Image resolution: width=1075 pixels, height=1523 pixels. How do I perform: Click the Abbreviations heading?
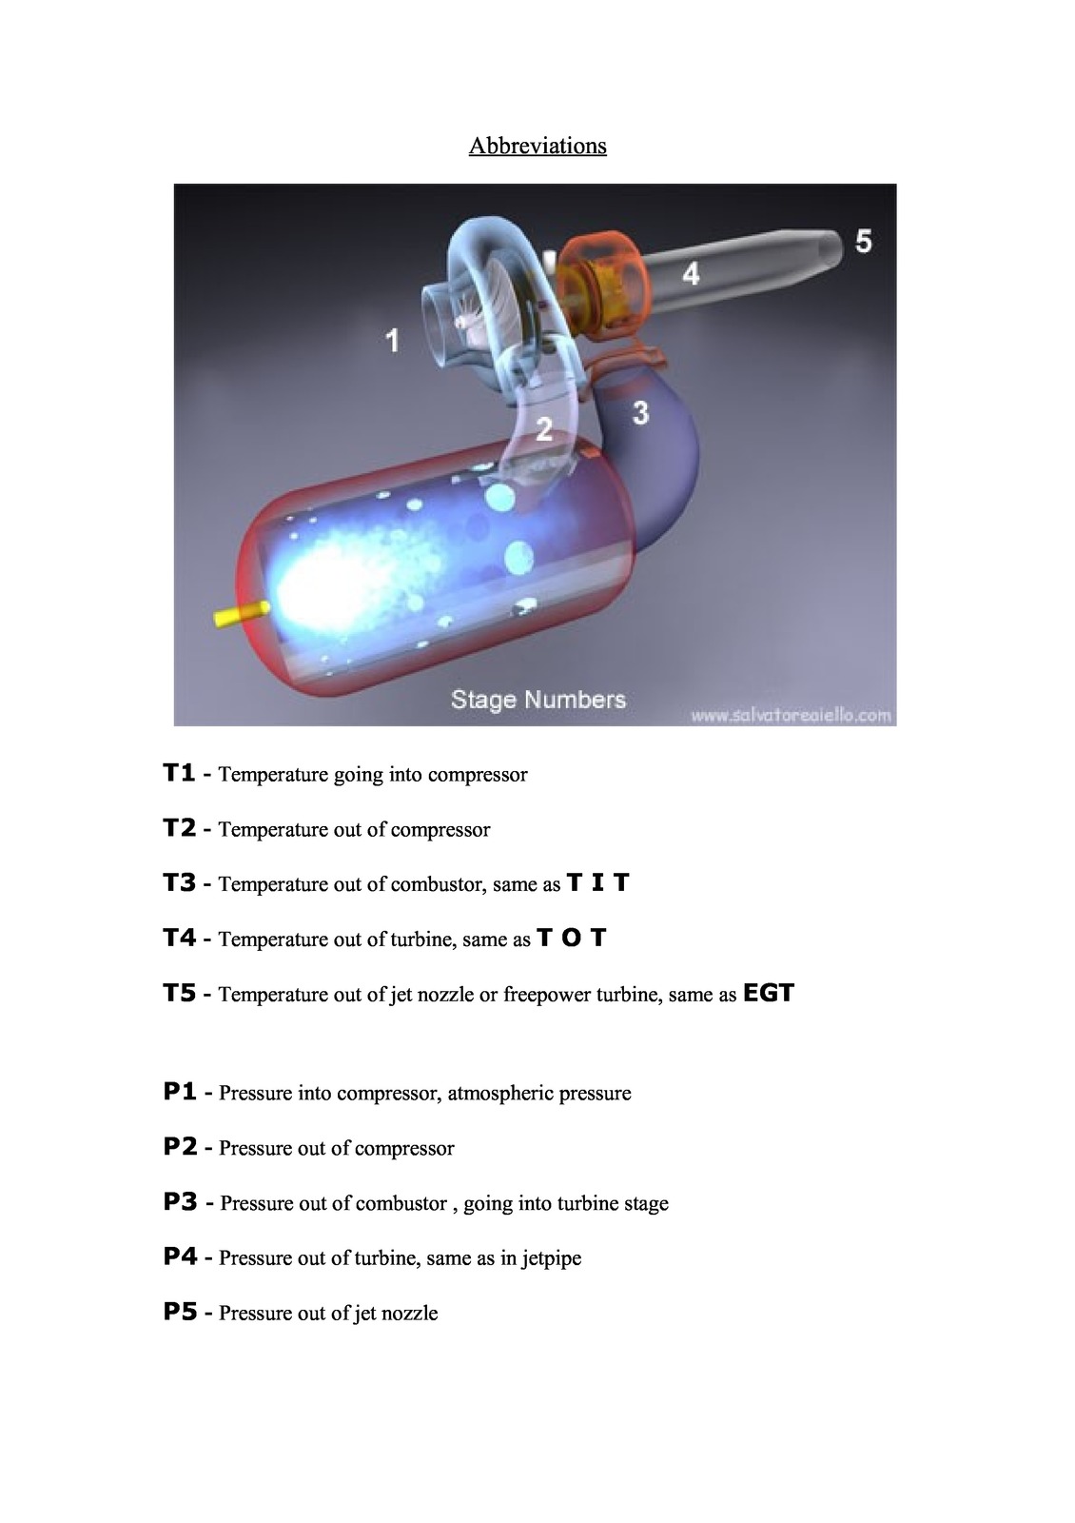tap(537, 146)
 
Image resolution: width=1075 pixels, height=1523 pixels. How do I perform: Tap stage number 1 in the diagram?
tap(392, 340)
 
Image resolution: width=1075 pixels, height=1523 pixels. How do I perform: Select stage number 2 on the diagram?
tap(544, 429)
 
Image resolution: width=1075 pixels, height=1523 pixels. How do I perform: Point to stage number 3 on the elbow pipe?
tap(640, 413)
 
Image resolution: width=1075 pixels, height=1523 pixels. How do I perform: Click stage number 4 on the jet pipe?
tap(691, 274)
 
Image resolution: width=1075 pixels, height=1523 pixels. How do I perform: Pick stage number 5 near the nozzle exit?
tap(863, 242)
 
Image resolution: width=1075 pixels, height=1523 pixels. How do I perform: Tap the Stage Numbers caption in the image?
tap(538, 699)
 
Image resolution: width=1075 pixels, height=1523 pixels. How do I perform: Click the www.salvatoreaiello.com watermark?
tap(791, 715)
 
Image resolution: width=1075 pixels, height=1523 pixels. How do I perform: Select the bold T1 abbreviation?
tap(180, 773)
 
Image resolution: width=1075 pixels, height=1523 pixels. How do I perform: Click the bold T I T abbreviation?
tap(598, 882)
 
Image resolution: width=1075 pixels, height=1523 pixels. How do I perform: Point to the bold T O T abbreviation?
tap(571, 938)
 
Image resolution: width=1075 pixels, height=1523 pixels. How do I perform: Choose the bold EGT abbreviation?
tap(769, 993)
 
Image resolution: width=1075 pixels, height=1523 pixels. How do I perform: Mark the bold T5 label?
tap(180, 993)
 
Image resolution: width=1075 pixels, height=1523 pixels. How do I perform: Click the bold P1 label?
tap(180, 1091)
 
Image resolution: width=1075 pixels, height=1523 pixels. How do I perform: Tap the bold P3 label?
tap(180, 1201)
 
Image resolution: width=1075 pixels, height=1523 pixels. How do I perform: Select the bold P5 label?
tap(180, 1312)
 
